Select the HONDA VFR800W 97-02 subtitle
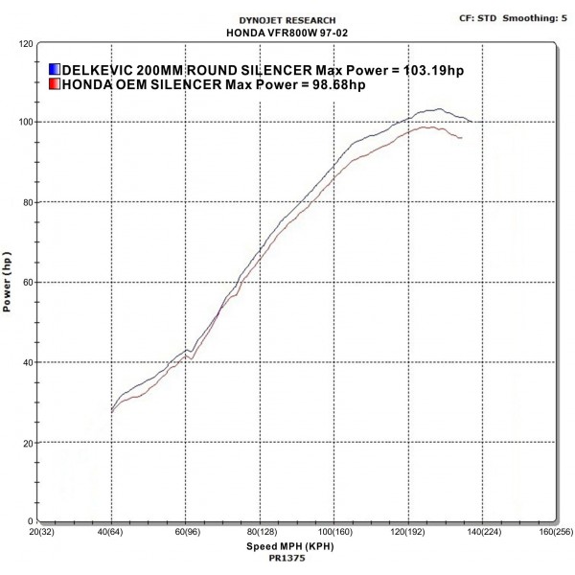point(287,32)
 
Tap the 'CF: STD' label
point(478,17)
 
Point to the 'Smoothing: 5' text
point(539,17)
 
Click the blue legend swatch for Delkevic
point(54,70)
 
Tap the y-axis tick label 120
point(26,44)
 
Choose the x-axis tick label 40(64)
point(112,531)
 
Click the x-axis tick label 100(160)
point(333,531)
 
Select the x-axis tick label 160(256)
point(554,531)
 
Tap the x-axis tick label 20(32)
point(39,531)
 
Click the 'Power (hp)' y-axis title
point(8,283)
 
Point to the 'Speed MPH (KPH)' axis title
point(287,543)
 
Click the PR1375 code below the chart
point(287,556)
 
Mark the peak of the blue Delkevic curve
point(439,108)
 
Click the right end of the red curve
point(462,138)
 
